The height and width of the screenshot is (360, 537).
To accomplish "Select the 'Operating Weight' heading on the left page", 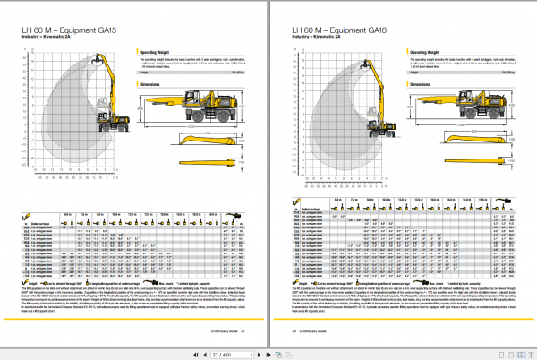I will tap(157, 53).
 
